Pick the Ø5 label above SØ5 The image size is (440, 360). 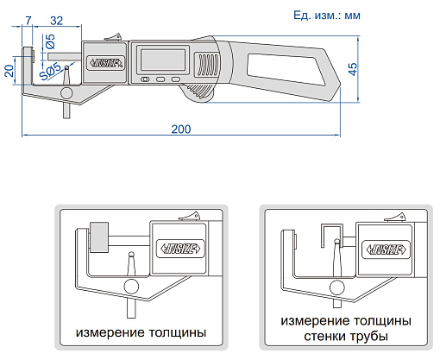[x=51, y=41]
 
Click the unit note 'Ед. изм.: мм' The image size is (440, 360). [x=327, y=15]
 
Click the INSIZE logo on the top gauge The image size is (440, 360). [x=104, y=64]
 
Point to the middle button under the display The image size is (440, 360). [x=160, y=79]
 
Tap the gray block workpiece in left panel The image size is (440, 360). [x=97, y=237]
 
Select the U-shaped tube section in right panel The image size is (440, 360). [x=330, y=234]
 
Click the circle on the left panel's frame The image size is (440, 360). [x=131, y=286]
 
